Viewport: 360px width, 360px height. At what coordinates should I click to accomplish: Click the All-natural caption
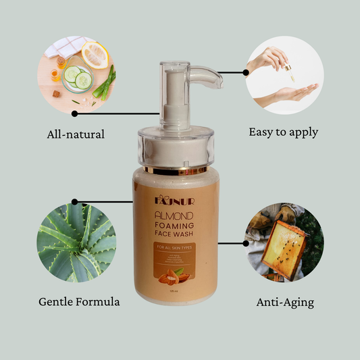click(x=76, y=134)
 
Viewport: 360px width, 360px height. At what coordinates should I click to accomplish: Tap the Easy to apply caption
click(x=283, y=132)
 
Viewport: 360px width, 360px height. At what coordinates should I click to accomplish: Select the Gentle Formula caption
click(x=79, y=301)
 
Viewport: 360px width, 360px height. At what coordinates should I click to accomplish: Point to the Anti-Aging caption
click(x=285, y=302)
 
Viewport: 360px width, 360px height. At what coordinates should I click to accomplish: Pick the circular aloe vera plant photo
click(x=76, y=241)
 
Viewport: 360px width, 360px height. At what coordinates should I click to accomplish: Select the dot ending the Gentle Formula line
click(x=74, y=201)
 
